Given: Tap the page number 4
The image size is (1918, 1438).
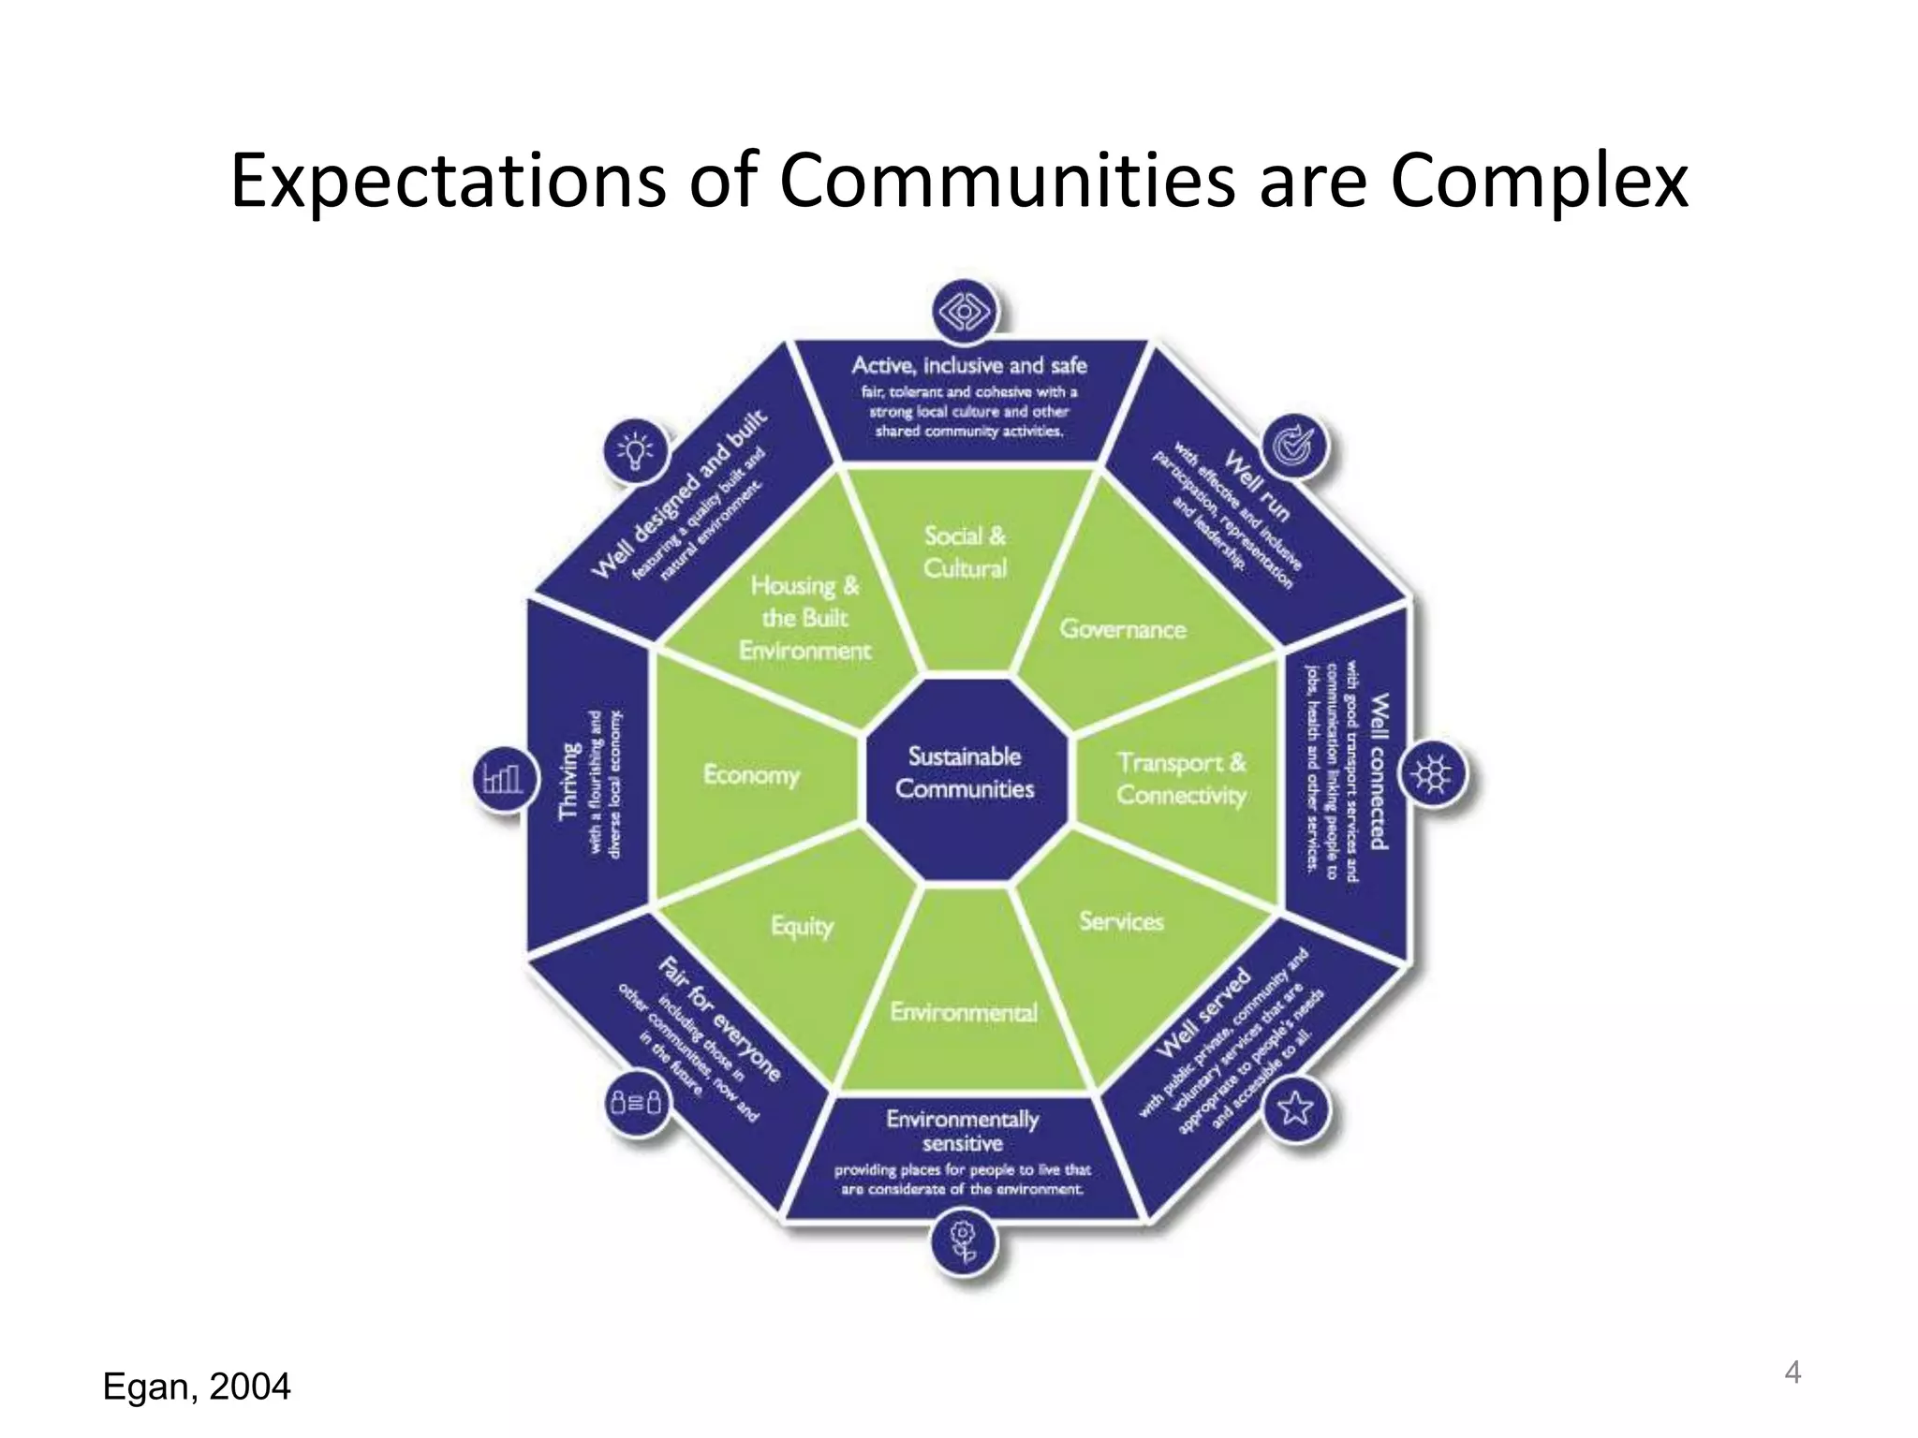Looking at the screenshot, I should (x=1793, y=1372).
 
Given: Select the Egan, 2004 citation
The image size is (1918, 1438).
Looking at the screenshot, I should (x=197, y=1387).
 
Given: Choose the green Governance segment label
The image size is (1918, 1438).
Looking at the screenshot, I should (x=1122, y=628).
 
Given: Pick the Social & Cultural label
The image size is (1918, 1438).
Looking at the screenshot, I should (x=965, y=552).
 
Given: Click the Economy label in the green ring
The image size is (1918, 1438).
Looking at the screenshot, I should (x=751, y=775).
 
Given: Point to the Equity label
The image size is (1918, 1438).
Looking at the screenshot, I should (x=802, y=926).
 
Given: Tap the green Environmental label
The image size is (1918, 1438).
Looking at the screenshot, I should (x=964, y=1012).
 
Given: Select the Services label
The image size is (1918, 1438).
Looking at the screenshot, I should (x=1121, y=921).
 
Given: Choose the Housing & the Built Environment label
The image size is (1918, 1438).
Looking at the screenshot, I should (x=804, y=618).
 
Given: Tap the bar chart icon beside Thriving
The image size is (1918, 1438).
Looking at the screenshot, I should (x=503, y=778).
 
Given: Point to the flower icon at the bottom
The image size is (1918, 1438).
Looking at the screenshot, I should (x=964, y=1241).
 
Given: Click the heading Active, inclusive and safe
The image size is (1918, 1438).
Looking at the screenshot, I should (x=968, y=365).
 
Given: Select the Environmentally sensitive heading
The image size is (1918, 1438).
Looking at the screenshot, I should (x=963, y=1131).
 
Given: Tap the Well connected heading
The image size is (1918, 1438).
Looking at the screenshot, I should (x=1379, y=771).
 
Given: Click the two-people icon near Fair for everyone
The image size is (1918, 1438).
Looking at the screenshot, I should (x=636, y=1102).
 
